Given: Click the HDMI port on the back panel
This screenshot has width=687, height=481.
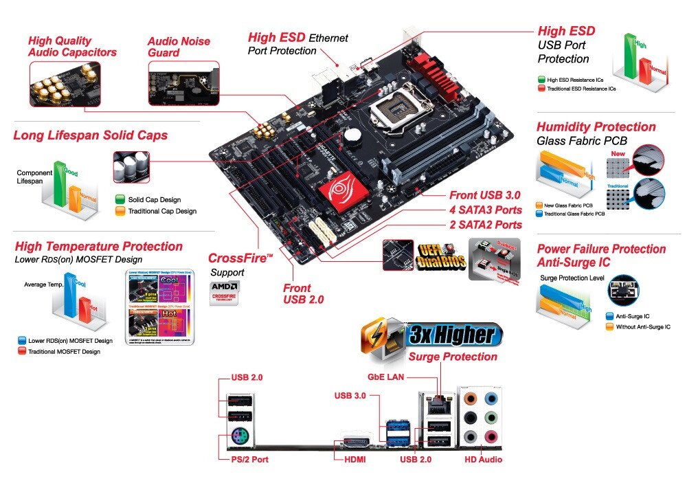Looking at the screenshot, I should click(356, 443).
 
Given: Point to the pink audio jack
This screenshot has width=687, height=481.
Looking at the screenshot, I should click(491, 436).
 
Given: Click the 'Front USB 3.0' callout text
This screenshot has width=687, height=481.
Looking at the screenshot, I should click(485, 195).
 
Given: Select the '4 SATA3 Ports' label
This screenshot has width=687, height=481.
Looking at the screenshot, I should click(485, 210).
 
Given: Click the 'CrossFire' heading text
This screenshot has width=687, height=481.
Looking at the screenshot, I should click(240, 258).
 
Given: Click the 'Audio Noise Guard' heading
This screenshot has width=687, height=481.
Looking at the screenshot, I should click(178, 47).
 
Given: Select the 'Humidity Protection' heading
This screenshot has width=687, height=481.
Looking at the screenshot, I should click(596, 127).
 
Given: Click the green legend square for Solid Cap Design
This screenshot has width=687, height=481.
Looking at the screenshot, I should click(120, 199).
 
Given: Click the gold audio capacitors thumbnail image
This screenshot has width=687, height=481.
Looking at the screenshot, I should click(65, 84).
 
